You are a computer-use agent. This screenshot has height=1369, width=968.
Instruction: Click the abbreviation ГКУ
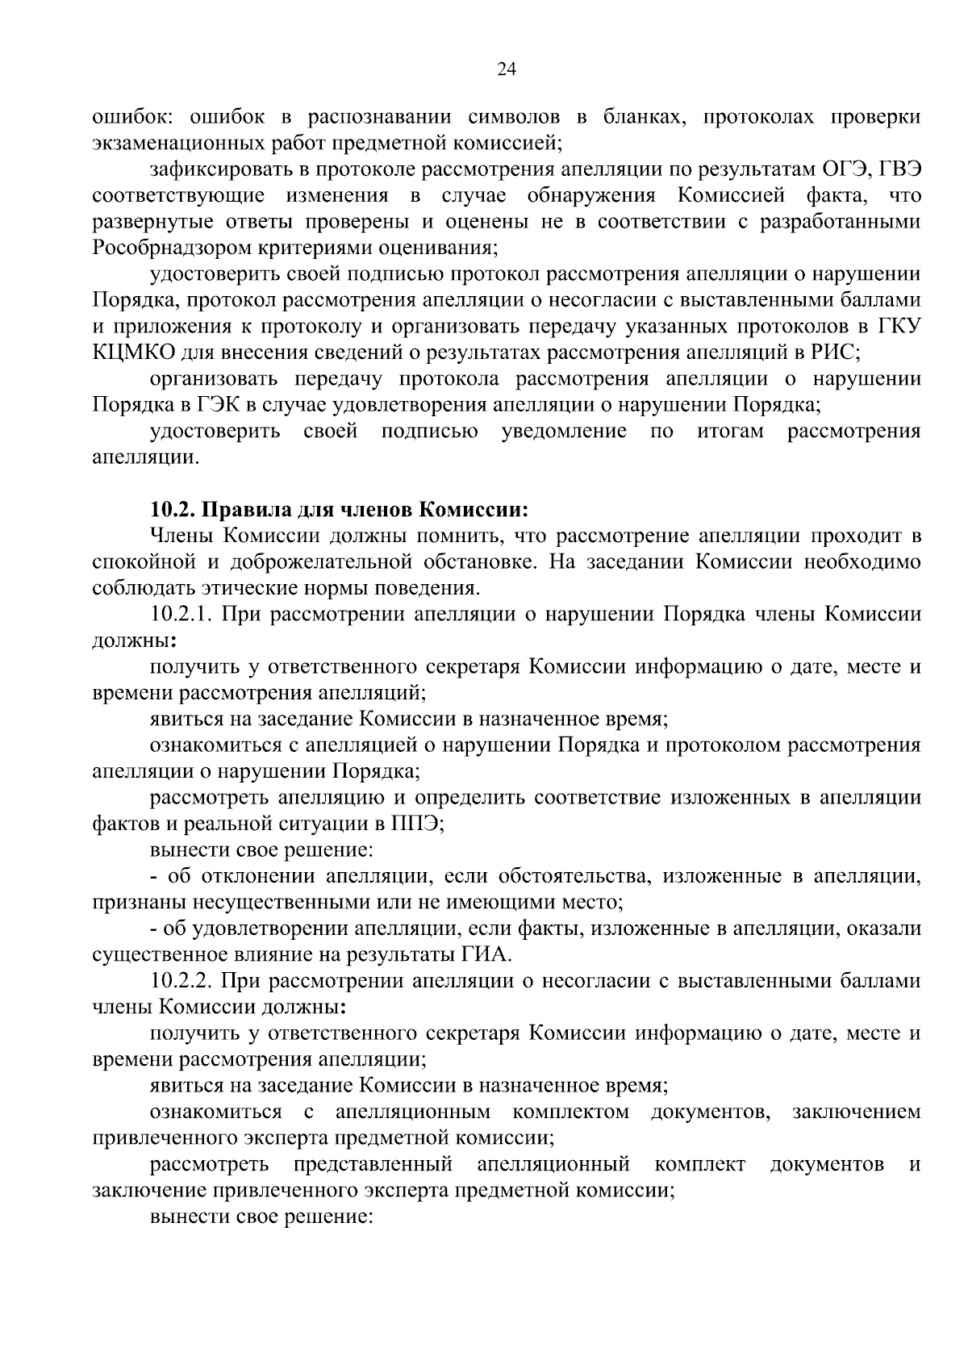click(899, 326)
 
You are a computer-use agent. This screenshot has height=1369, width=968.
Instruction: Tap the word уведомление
click(564, 431)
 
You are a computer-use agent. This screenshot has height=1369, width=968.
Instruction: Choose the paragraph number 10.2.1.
click(181, 615)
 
